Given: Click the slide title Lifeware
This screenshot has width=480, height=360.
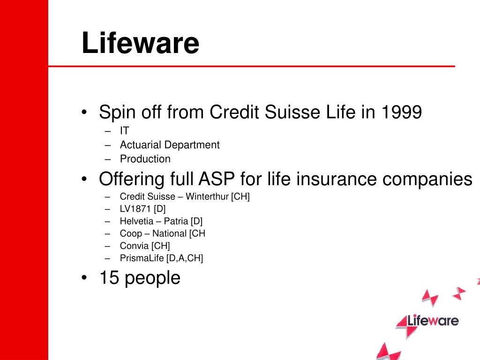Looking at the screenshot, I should tap(140, 43).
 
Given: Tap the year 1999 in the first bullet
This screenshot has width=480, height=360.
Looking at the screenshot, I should tap(402, 112).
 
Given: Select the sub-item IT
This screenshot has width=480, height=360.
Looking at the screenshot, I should tap(124, 132).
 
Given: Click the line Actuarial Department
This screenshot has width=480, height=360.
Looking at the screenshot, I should tap(169, 145).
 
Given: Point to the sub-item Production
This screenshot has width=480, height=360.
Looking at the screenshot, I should tap(145, 158).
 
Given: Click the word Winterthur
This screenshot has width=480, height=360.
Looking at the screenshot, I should tap(207, 196).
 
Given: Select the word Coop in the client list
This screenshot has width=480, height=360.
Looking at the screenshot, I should tap(131, 233).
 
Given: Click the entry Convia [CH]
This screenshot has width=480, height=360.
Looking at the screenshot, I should tap(144, 246).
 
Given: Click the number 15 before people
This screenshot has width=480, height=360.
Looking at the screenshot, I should tap(108, 278).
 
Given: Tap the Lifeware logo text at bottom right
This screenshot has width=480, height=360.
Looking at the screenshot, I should tap(432, 321).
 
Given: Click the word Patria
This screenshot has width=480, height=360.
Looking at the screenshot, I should tap(176, 221).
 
